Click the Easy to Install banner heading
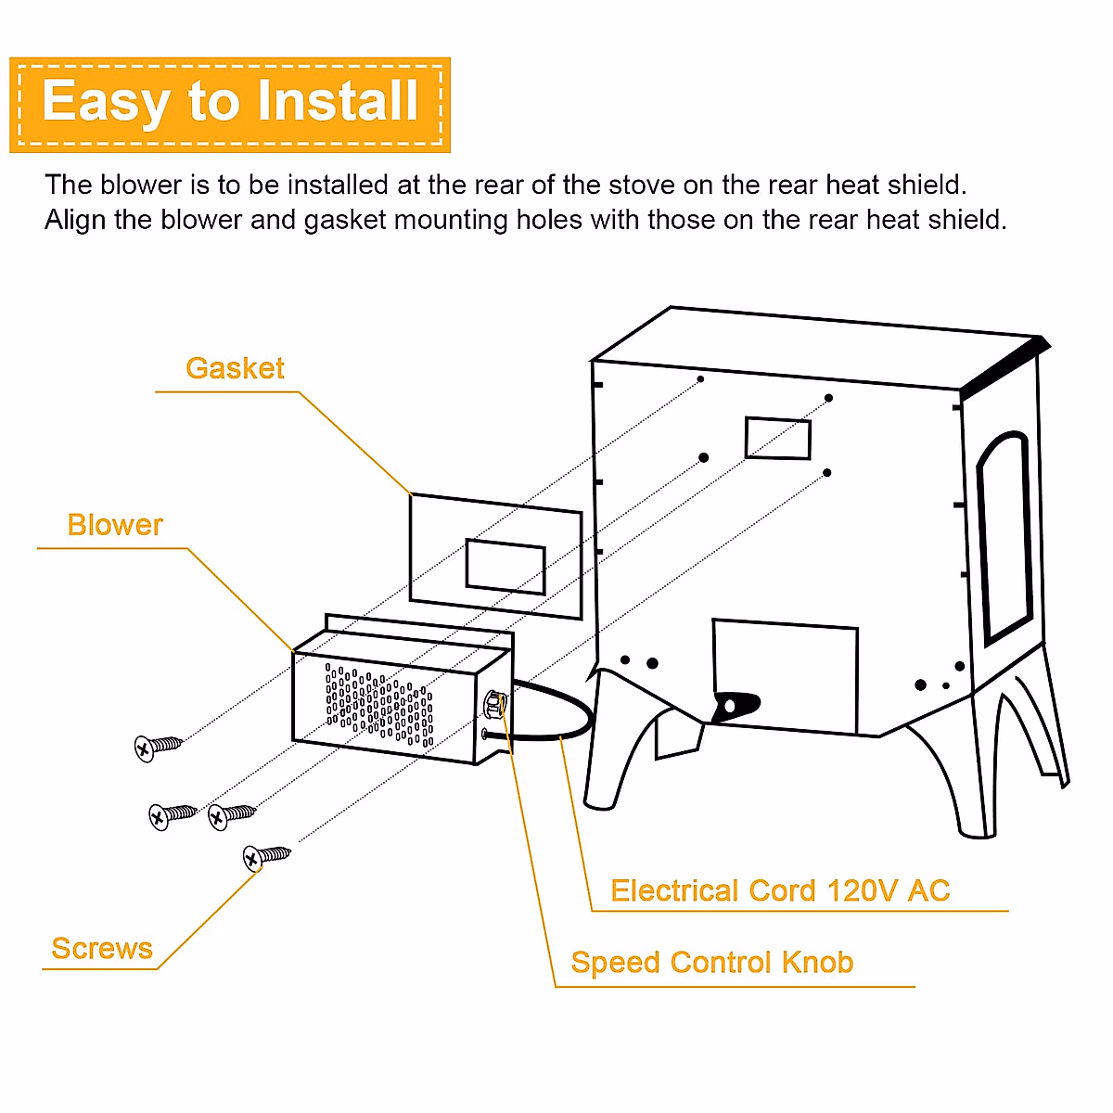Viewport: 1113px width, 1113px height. [x=230, y=102]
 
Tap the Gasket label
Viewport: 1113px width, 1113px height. [x=235, y=368]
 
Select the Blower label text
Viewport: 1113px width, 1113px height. [x=115, y=525]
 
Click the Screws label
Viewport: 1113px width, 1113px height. [x=102, y=948]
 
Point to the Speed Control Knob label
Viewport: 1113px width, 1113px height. [x=711, y=962]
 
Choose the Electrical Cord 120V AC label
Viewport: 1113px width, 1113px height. [x=780, y=890]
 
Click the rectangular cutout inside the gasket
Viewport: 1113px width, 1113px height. [x=505, y=566]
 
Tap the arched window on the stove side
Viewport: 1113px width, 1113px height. [x=1004, y=538]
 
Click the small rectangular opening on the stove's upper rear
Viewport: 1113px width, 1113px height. [x=777, y=438]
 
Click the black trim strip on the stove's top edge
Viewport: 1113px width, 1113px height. [x=1006, y=364]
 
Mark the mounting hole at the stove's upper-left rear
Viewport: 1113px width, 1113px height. [x=700, y=379]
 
